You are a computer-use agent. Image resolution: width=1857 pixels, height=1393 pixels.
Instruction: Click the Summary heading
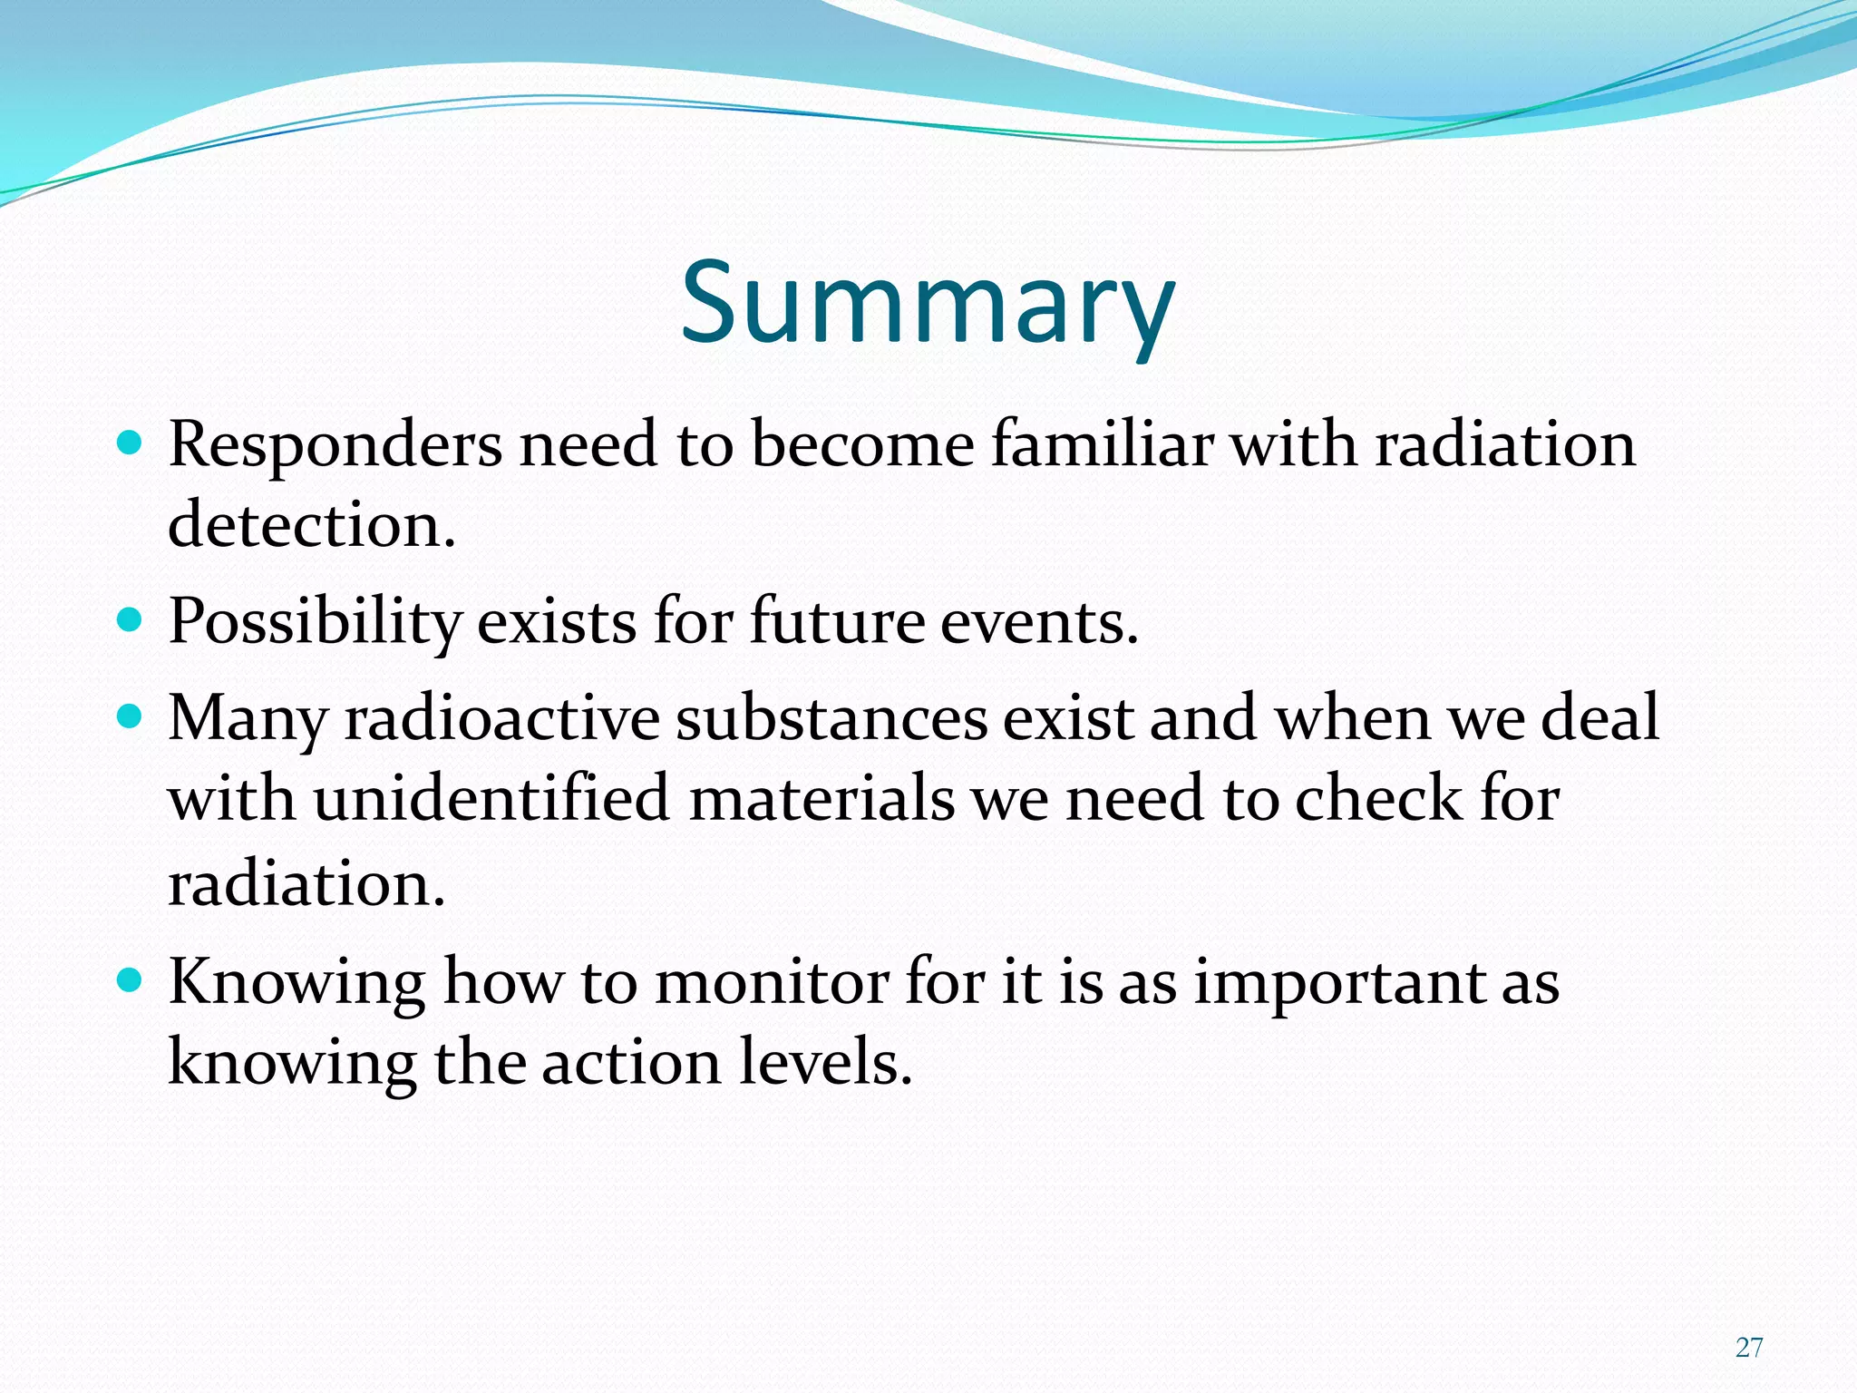coord(927,304)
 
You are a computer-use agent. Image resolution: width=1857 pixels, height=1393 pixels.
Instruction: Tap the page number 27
coord(1749,1348)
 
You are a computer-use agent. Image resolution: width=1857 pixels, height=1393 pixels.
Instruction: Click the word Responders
coord(335,445)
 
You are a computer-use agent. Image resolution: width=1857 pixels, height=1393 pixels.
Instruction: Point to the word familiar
coord(1102,445)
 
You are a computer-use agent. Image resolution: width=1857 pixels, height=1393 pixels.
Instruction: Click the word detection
coord(311,525)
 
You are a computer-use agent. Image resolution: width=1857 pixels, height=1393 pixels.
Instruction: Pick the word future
coord(837,622)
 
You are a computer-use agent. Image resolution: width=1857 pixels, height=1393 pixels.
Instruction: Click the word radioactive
coord(501,718)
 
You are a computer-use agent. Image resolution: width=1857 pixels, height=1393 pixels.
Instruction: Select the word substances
coord(831,718)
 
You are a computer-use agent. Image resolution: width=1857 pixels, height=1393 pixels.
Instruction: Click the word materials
coord(822,799)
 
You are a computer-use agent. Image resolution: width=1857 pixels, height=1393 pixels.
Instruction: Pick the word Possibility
coord(315,624)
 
